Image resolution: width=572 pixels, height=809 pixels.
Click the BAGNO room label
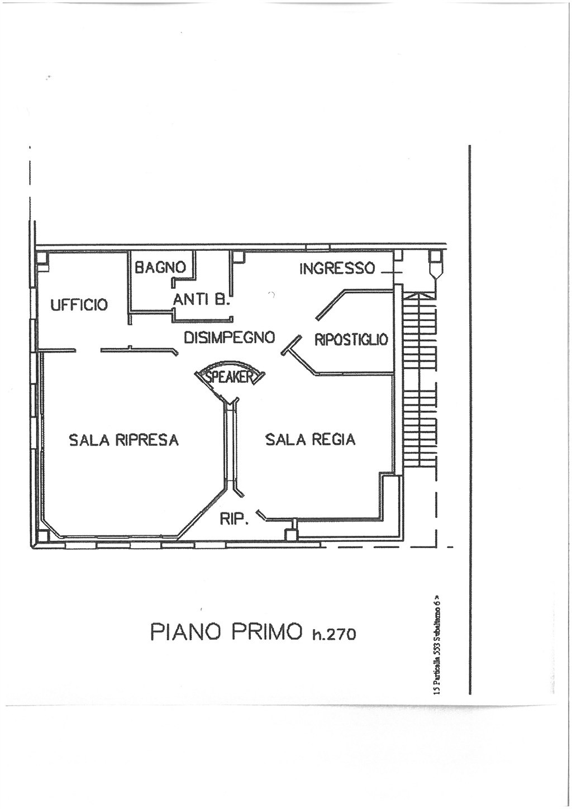(160, 267)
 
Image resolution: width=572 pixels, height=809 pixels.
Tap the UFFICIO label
(79, 305)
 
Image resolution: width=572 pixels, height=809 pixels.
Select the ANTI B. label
(201, 300)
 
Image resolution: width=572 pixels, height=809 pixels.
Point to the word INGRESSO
(337, 269)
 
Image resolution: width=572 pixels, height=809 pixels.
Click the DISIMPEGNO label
(229, 337)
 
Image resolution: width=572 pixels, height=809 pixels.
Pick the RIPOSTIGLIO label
(351, 339)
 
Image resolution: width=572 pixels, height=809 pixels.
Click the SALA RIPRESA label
(123, 440)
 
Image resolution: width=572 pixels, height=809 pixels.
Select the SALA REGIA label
(310, 440)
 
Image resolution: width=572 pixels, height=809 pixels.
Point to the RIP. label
(233, 519)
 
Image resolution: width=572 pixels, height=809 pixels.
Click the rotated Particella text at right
(437, 645)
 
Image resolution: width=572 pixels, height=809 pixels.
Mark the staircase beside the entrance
(419, 380)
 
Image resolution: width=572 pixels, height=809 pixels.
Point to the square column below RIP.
(291, 535)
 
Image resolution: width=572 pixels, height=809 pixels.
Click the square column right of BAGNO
(239, 257)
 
